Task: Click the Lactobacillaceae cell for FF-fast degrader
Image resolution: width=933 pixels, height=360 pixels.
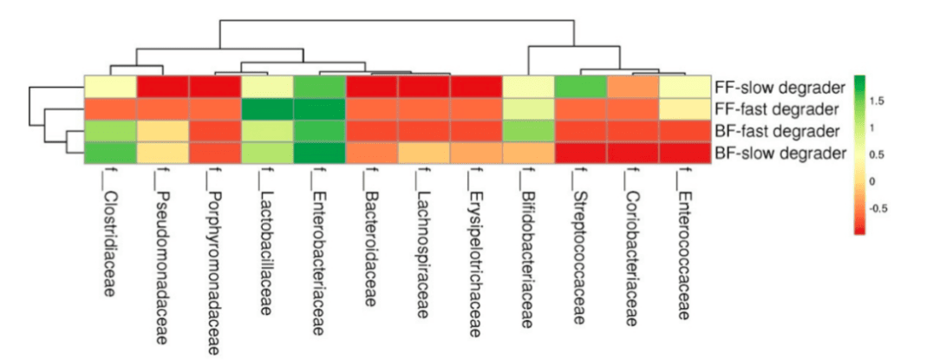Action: (x=267, y=109)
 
